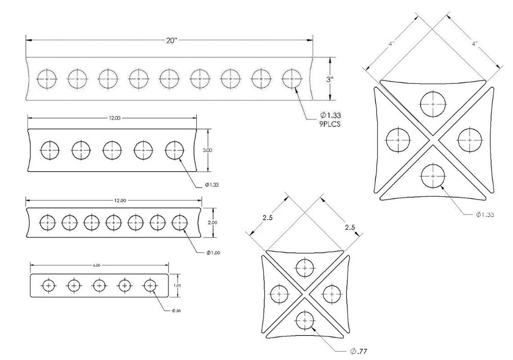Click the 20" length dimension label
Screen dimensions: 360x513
click(171, 40)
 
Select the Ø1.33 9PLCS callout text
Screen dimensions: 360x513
click(331, 119)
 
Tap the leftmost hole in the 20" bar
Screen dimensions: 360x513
click(47, 79)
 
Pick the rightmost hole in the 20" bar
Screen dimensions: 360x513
click(292, 79)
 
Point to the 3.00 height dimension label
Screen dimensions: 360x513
click(207, 150)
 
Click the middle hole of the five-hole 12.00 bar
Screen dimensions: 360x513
click(112, 150)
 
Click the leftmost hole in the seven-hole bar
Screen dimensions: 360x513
click(48, 222)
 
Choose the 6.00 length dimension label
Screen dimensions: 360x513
click(96, 265)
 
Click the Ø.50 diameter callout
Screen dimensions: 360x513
click(176, 310)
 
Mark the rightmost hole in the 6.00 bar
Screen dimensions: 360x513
click(150, 285)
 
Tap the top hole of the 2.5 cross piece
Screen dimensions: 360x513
click(305, 268)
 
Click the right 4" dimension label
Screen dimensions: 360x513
click(474, 44)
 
